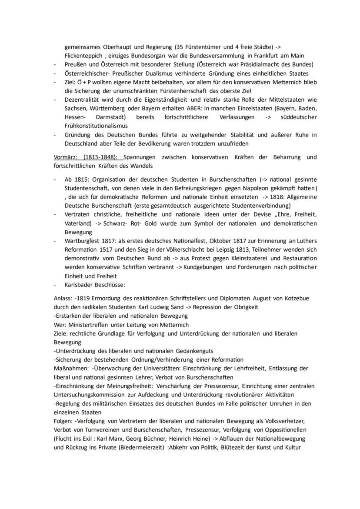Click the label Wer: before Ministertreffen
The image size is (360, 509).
tap(60, 325)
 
